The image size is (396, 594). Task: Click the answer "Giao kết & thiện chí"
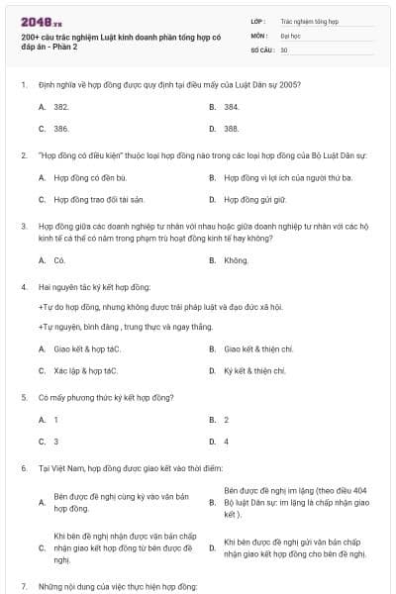[x=258, y=348]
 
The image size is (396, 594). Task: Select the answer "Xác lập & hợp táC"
[x=86, y=371]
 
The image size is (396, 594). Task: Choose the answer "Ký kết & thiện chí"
[x=254, y=371]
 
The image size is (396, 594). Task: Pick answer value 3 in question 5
[x=56, y=442]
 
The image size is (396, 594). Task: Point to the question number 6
[x=24, y=467]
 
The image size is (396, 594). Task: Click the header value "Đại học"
[x=292, y=34]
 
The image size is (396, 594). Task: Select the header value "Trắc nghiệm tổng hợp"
[x=308, y=19]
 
